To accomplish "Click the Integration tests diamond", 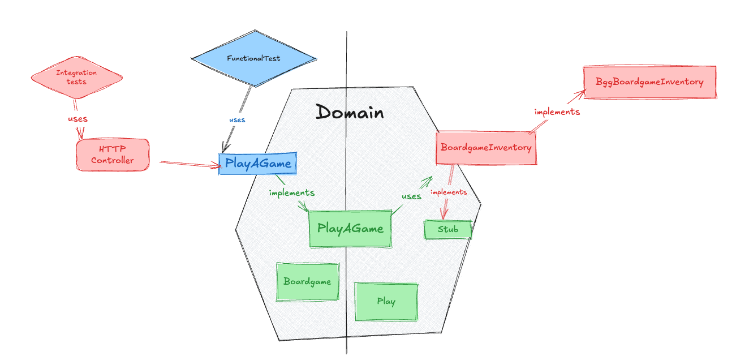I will [76, 77].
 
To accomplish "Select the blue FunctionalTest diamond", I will [253, 58].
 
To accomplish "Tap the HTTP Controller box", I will [113, 155].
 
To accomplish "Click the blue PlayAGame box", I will [258, 164].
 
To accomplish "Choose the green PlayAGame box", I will [350, 229].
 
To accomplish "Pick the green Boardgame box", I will [307, 281].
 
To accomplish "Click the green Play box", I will [386, 301].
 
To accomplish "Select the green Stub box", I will [447, 229].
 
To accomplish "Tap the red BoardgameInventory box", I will [486, 148].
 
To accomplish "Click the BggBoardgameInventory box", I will [649, 82].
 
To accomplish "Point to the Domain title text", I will [350, 112].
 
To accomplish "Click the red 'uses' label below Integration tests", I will [78, 119].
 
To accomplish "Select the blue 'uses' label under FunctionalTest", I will [237, 120].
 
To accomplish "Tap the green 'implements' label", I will [291, 192].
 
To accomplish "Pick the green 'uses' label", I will [411, 196].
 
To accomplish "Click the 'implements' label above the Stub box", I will [449, 192].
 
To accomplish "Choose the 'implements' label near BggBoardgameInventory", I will [557, 112].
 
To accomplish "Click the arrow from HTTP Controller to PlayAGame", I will [190, 164].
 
